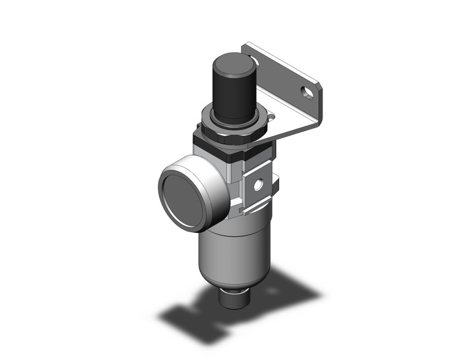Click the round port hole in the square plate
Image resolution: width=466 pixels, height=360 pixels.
point(259,183)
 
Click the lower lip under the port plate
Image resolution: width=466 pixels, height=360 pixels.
point(258,209)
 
